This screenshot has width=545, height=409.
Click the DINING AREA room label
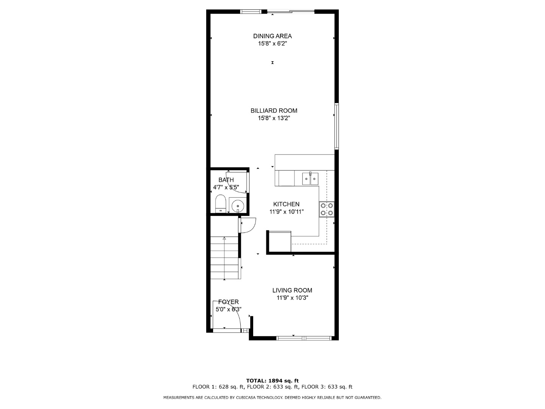[x=272, y=36]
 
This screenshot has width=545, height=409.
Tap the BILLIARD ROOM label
[x=274, y=111]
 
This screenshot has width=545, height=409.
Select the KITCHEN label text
[x=286, y=204]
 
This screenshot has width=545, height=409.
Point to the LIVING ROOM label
[x=292, y=290]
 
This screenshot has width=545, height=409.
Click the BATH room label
[x=226, y=180]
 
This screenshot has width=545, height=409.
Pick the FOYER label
[x=229, y=302]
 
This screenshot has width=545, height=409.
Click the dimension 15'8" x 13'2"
[x=274, y=118]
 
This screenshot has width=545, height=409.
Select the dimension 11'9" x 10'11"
[x=287, y=212]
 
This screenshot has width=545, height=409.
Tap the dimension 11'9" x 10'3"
[x=292, y=298]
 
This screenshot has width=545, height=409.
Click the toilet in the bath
[x=220, y=204]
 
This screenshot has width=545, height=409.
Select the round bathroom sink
[x=238, y=206]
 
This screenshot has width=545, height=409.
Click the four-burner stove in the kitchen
[x=327, y=209]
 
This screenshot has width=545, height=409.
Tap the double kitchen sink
[x=310, y=179]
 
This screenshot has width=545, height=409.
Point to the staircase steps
[x=224, y=258]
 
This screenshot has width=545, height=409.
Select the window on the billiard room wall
[x=336, y=126]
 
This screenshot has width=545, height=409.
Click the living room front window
[x=304, y=338]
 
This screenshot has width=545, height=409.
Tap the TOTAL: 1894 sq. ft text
[x=272, y=381]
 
